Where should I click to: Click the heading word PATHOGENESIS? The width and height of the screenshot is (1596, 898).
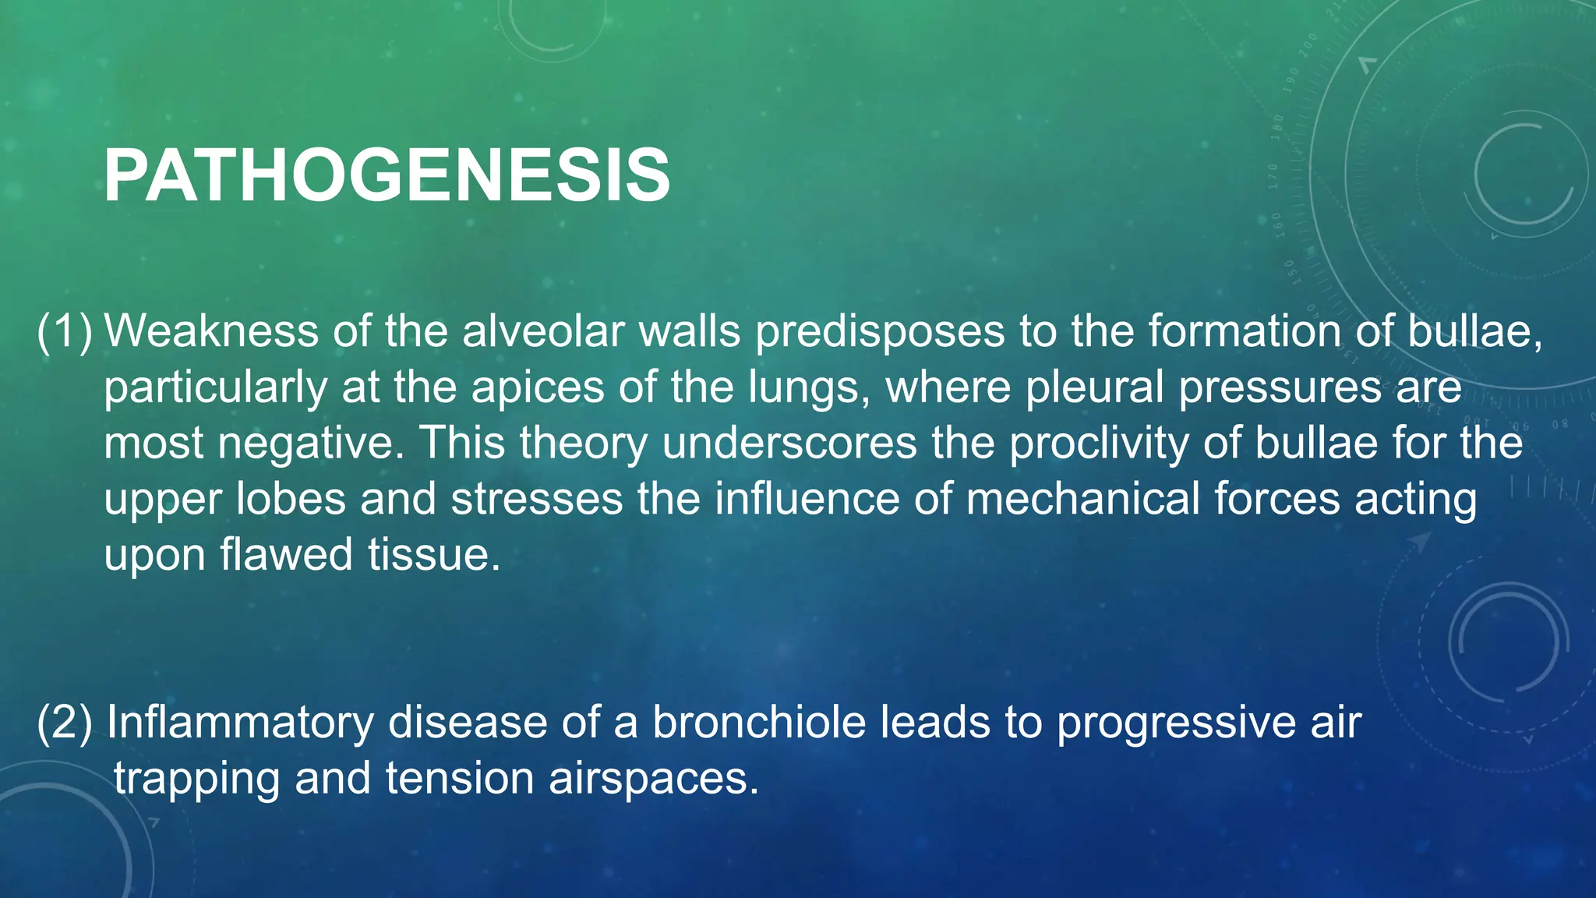point(387,176)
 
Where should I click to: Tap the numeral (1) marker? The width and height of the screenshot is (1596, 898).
point(65,331)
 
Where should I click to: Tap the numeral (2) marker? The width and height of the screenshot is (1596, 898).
point(65,723)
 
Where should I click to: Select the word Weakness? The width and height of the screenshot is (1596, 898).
point(211,331)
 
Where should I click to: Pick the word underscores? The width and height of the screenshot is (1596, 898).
point(789,444)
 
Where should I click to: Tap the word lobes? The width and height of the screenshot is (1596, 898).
point(290,500)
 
